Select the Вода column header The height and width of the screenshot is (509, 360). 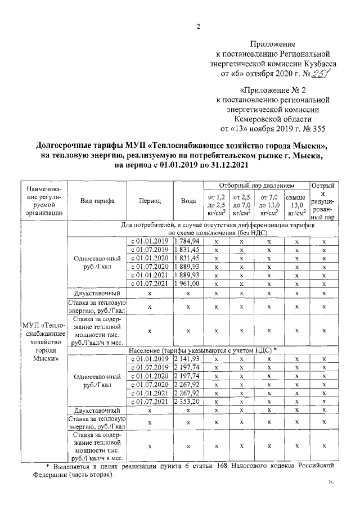pyautogui.click(x=188, y=201)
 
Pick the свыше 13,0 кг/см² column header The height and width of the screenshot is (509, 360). pyautogui.click(x=296, y=205)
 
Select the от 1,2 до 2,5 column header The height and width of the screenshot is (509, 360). pyautogui.click(x=217, y=205)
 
